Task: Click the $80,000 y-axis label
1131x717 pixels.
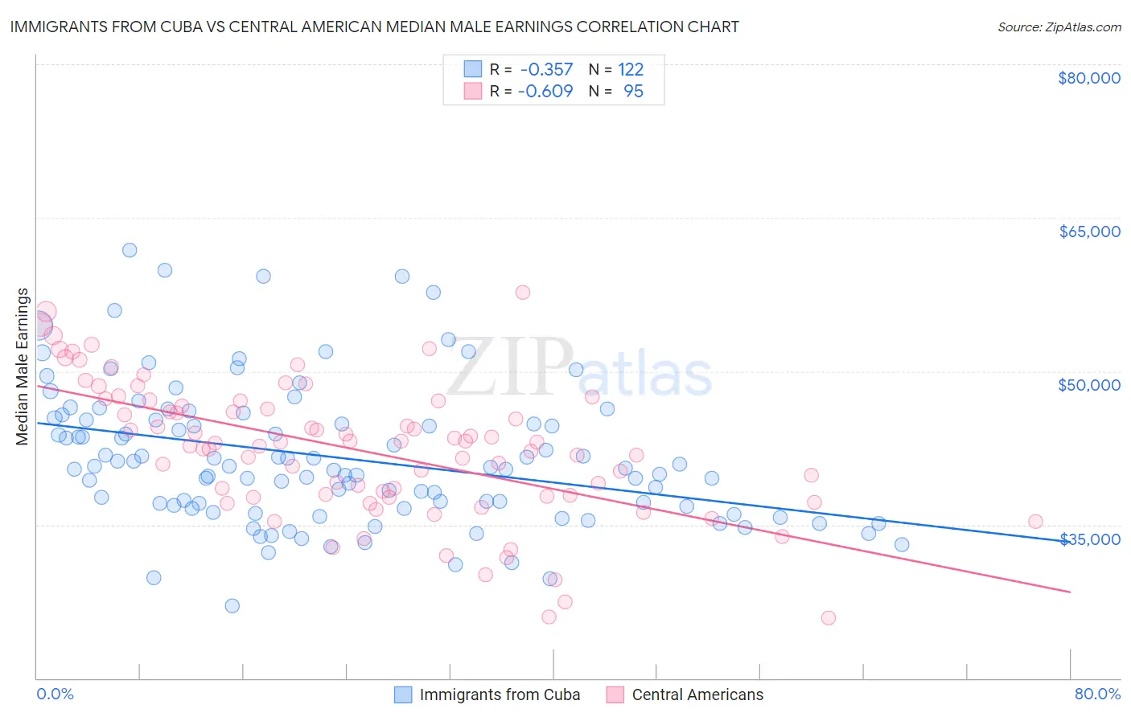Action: pos(1089,78)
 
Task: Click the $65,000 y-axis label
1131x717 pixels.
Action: pos(1089,231)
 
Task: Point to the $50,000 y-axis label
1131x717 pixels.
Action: pos(1089,385)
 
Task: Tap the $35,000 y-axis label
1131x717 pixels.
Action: pos(1089,539)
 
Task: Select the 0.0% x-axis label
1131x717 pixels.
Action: pos(55,694)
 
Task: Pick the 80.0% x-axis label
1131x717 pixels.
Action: pos(1097,694)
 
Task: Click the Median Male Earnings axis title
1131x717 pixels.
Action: pos(23,367)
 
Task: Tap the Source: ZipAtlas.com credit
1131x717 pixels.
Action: pos(1059,27)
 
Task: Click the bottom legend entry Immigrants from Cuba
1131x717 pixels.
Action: pos(500,694)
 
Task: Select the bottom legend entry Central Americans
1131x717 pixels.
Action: pos(697,694)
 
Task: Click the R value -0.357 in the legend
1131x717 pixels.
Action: pos(546,69)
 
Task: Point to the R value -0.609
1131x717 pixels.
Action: pos(546,91)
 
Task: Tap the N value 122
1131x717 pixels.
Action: pos(631,69)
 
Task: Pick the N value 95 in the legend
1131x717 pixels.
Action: pos(633,91)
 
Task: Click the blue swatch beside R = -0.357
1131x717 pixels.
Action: pos(472,69)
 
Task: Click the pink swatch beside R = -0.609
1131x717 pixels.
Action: pos(472,91)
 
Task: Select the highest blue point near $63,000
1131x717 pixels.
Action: pos(129,250)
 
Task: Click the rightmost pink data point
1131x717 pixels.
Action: pos(1035,522)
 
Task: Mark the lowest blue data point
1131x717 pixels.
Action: pos(232,605)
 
